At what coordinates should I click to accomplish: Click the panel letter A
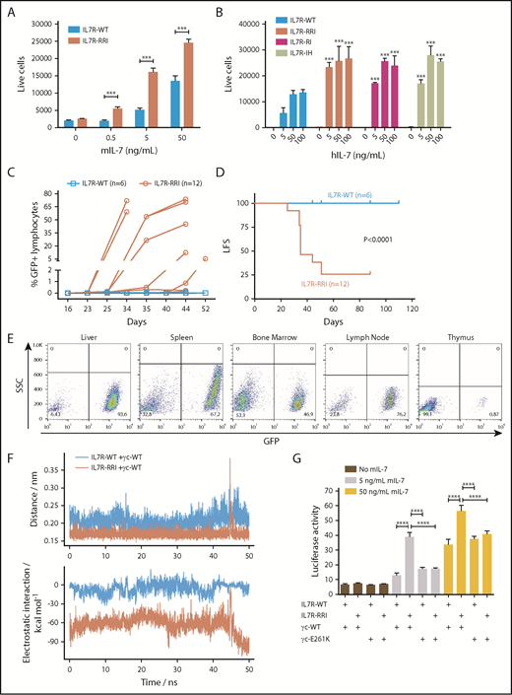(x=11, y=11)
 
